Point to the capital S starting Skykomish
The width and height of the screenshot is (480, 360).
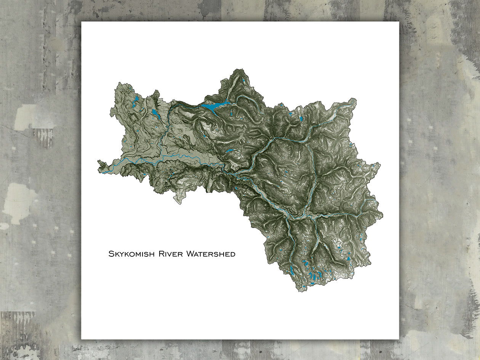pyautogui.click(x=111, y=254)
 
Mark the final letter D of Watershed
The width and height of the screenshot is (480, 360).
pyautogui.click(x=233, y=254)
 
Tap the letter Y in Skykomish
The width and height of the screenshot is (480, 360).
pyautogui.click(x=121, y=254)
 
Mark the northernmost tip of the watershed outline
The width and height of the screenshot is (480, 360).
pyautogui.click(x=240, y=69)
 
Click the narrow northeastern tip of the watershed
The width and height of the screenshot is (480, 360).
pyautogui.click(x=354, y=100)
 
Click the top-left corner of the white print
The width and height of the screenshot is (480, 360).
pyautogui.click(x=82, y=22)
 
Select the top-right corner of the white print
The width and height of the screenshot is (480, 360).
pyautogui.click(x=399, y=22)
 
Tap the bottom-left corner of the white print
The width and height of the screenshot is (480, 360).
pyautogui.click(x=82, y=339)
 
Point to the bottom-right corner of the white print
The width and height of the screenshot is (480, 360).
pyautogui.click(x=399, y=339)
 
